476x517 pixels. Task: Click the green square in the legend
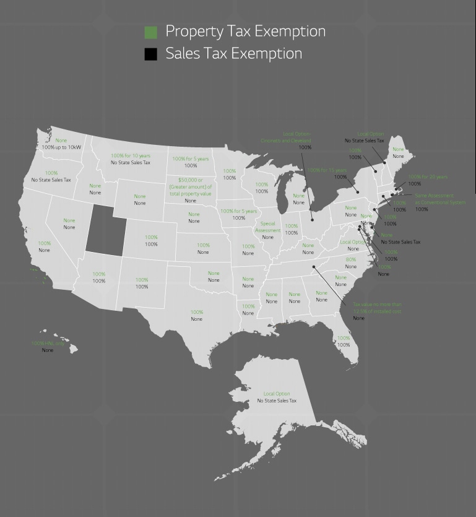click(x=150, y=32)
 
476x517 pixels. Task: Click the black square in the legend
click(x=150, y=54)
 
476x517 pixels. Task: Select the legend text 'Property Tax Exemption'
click(x=245, y=32)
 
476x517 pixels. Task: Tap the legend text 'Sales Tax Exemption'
click(x=233, y=54)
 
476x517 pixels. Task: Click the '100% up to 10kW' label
click(x=61, y=147)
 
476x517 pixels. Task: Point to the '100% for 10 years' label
click(x=131, y=155)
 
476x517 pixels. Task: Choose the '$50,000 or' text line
click(x=191, y=180)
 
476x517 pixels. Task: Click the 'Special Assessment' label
click(x=267, y=227)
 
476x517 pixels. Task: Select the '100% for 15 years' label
click(x=327, y=170)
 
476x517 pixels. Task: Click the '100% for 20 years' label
click(x=427, y=176)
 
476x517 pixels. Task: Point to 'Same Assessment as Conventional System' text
click(x=439, y=199)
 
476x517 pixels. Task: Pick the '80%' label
click(x=351, y=259)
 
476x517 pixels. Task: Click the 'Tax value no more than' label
click(x=377, y=305)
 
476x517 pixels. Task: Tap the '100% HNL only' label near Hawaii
click(x=48, y=344)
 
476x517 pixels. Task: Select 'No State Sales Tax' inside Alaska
click(x=277, y=401)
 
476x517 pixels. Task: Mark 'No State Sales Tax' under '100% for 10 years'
click(x=131, y=162)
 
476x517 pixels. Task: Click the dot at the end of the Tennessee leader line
click(x=314, y=267)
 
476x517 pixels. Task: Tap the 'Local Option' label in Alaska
click(x=277, y=394)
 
